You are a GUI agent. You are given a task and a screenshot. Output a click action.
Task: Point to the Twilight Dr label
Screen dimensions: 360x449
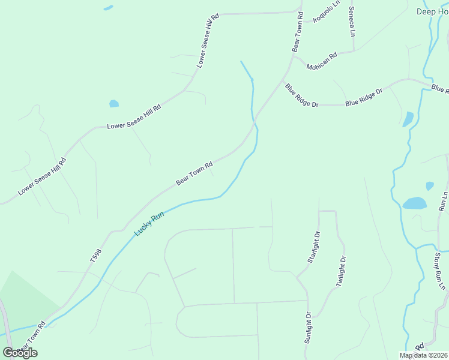(x=341, y=272)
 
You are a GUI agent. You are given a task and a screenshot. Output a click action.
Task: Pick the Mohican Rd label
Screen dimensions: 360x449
(x=322, y=61)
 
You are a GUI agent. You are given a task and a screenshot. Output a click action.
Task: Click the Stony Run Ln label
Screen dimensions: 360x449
(x=439, y=271)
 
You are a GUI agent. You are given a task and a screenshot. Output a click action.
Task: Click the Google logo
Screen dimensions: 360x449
(x=20, y=353)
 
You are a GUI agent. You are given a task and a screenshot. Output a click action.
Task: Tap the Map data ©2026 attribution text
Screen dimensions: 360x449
(x=424, y=355)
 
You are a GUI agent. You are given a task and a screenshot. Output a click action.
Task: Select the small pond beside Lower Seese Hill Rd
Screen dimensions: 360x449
(x=114, y=104)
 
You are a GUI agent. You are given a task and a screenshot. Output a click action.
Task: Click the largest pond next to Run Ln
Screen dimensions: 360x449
(x=414, y=203)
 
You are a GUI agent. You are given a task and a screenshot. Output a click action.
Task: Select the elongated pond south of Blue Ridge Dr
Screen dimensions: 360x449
(x=408, y=119)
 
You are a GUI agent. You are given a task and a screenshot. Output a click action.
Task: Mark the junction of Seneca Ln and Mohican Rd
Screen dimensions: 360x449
(x=353, y=50)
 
